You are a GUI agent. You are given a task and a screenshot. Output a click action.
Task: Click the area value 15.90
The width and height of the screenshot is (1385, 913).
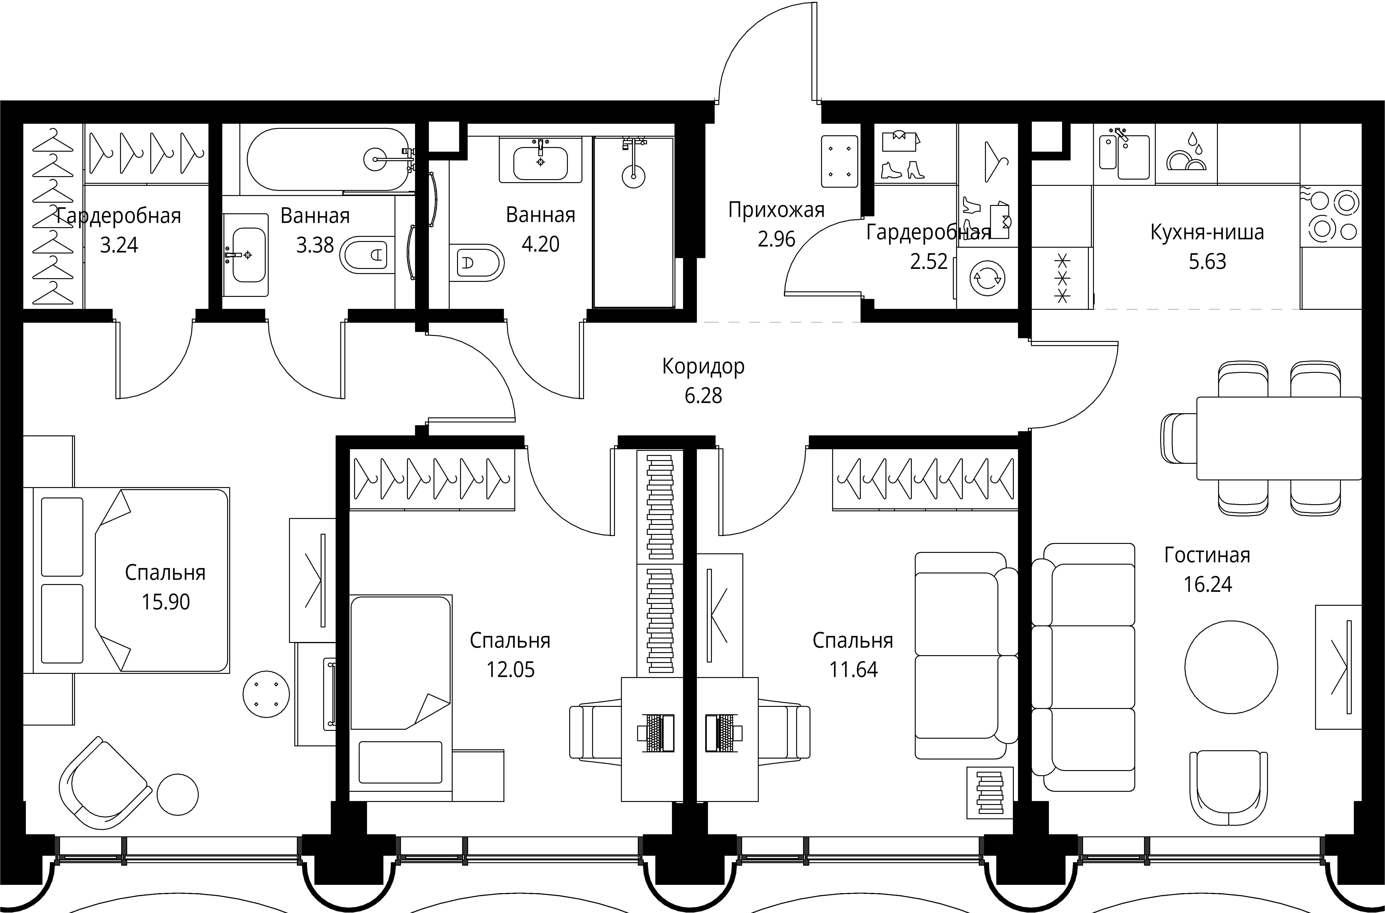(166, 602)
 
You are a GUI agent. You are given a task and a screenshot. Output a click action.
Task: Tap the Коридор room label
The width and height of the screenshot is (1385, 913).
(703, 366)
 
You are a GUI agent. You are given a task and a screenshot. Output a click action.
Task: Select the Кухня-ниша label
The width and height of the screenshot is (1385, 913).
(1207, 232)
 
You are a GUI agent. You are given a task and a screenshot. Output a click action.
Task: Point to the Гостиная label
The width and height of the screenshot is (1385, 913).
(1207, 555)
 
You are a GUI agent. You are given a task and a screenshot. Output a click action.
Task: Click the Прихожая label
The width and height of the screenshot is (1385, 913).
(776, 210)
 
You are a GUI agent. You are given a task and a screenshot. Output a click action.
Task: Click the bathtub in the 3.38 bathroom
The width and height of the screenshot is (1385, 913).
(328, 159)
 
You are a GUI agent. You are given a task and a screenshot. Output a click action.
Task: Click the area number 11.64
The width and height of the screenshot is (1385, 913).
(853, 670)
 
